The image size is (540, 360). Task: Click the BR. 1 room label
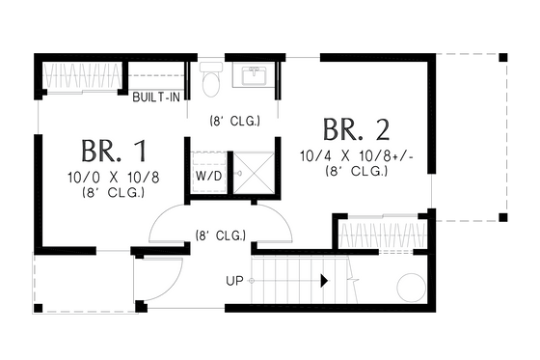pyautogui.click(x=114, y=152)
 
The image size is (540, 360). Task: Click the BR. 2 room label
pyautogui.click(x=357, y=130)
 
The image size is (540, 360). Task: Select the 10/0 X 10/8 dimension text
pyautogui.click(x=114, y=177)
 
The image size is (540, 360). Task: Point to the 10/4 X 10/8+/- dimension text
pyautogui.click(x=357, y=155)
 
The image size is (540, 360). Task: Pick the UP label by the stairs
pyautogui.click(x=234, y=282)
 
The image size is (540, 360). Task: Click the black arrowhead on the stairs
pyautogui.click(x=325, y=281)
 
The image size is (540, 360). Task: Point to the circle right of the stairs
pyautogui.click(x=410, y=287)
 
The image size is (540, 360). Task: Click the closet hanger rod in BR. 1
pyautogui.click(x=83, y=74)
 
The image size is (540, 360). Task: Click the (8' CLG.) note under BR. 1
pyautogui.click(x=114, y=192)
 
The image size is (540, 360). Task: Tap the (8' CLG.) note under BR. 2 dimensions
pyautogui.click(x=357, y=171)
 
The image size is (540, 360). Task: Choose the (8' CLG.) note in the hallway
pyautogui.click(x=220, y=235)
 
